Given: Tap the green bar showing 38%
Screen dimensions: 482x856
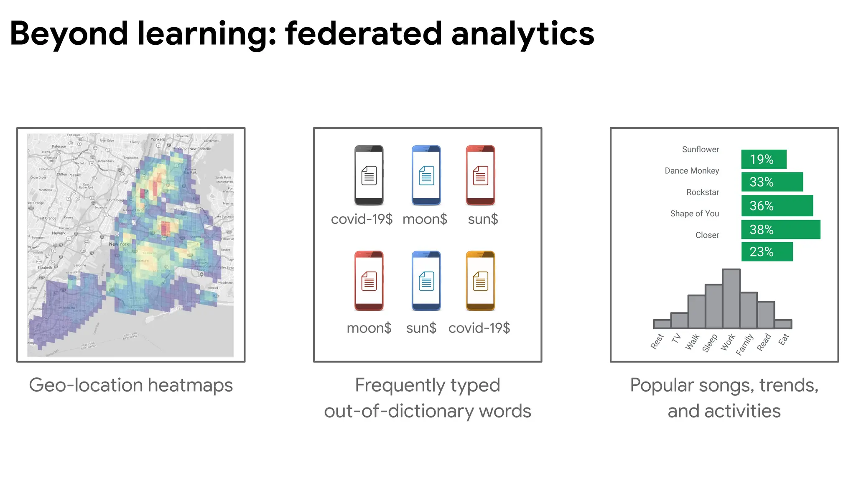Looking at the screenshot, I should pyautogui.click(x=780, y=230).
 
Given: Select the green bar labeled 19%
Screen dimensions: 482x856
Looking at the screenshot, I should pyautogui.click(x=764, y=159).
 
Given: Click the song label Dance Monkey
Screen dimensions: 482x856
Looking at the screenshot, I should pyautogui.click(x=692, y=171).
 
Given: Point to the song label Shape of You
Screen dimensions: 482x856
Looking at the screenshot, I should pyautogui.click(x=694, y=214).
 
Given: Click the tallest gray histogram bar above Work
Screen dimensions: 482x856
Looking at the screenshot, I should pyautogui.click(x=731, y=298).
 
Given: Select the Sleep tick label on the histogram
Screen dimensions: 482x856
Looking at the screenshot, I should pyautogui.click(x=710, y=343).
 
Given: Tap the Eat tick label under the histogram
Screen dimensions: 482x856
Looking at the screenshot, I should pyautogui.click(x=783, y=339).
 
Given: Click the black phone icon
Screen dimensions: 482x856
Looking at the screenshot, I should pyautogui.click(x=369, y=175).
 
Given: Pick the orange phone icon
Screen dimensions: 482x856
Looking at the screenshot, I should pyautogui.click(x=480, y=281).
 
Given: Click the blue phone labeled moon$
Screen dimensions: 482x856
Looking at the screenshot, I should pyautogui.click(x=426, y=175).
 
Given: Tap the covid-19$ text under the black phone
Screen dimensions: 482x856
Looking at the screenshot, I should pyautogui.click(x=362, y=219).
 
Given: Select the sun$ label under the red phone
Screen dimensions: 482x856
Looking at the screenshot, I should pyautogui.click(x=483, y=219).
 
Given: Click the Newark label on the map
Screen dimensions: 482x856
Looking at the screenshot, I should pyautogui.click(x=59, y=233).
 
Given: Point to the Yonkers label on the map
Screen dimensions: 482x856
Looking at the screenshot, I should pyautogui.click(x=158, y=139).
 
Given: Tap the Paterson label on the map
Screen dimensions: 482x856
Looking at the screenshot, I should pyautogui.click(x=59, y=146).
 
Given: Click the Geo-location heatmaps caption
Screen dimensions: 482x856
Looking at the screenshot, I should pyautogui.click(x=131, y=385).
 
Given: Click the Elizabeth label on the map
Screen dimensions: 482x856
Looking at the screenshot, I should pyautogui.click(x=45, y=267).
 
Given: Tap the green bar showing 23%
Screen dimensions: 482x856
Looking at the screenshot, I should pyautogui.click(x=767, y=252).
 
